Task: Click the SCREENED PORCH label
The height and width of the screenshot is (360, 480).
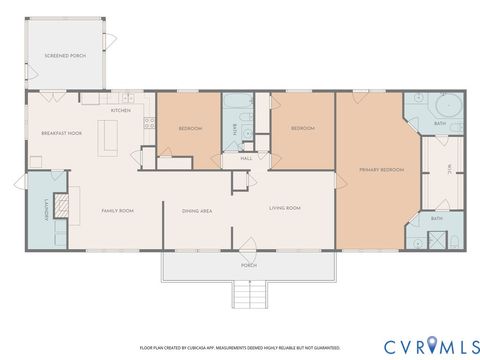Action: click(x=65, y=56)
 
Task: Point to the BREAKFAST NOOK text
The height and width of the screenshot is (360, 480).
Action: click(x=60, y=133)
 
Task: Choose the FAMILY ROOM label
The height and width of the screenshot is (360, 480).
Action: click(x=118, y=211)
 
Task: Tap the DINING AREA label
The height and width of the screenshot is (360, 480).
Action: click(x=196, y=211)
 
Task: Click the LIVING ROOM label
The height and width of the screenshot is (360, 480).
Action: click(x=285, y=208)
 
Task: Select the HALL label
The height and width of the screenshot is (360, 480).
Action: click(x=246, y=158)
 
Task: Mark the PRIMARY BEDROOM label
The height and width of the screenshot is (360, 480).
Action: click(x=381, y=170)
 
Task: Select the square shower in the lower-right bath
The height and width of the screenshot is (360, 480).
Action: click(x=437, y=240)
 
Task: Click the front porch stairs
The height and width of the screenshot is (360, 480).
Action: click(x=250, y=294)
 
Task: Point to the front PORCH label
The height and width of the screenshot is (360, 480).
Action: click(x=248, y=266)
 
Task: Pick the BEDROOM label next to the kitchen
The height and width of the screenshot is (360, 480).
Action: click(x=191, y=129)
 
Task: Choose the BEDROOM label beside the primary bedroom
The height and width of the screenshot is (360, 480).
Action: click(x=302, y=129)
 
